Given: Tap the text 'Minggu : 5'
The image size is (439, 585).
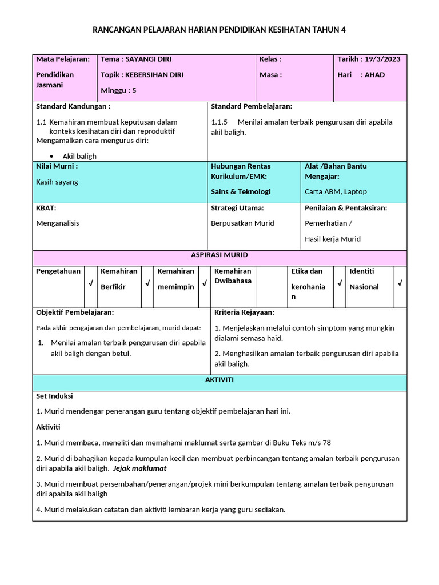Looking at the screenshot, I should click(x=118, y=90).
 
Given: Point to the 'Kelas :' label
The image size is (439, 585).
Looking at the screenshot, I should click(x=270, y=59).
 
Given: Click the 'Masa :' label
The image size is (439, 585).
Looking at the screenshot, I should click(x=270, y=75).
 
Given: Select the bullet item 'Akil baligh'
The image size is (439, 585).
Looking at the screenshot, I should click(x=79, y=156).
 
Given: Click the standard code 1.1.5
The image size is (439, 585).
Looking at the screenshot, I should click(x=219, y=122).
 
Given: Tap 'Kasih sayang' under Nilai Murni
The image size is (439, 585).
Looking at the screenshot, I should click(x=57, y=182).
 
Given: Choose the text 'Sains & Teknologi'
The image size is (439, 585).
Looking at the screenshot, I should click(x=241, y=191).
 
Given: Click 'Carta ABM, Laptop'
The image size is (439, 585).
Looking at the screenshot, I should click(x=336, y=191).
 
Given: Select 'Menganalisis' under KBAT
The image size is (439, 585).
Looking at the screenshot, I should click(x=57, y=223).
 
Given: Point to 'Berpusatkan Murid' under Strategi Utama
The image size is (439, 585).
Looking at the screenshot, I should click(x=242, y=223).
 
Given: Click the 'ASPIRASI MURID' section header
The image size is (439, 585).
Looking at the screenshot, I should click(x=219, y=255).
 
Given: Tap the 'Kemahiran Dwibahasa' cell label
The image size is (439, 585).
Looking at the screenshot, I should click(x=233, y=276).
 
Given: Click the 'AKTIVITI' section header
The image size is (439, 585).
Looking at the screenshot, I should click(x=219, y=380).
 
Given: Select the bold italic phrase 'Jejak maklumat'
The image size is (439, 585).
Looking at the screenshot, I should click(x=139, y=468).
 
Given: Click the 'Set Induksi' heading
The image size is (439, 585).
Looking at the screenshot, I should click(x=54, y=396).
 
